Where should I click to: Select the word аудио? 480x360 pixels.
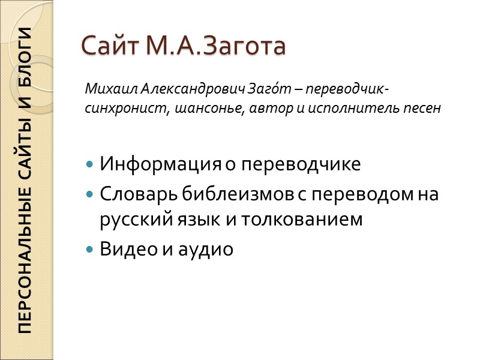click(x=205, y=250)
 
